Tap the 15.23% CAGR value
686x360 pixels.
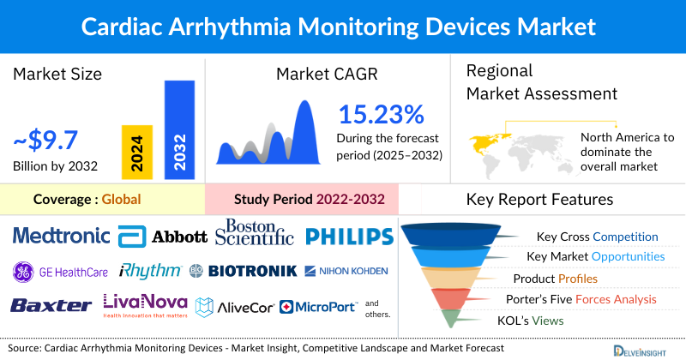click(x=381, y=115)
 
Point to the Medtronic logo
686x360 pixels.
click(x=62, y=235)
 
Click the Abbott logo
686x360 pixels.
click(x=163, y=236)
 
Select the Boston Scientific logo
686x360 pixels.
click(x=255, y=233)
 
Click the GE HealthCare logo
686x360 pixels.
click(x=60, y=272)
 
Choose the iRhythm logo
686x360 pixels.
click(x=150, y=271)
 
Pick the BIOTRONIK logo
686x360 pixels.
click(x=244, y=271)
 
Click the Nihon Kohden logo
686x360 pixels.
click(x=346, y=271)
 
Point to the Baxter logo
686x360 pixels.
click(x=51, y=305)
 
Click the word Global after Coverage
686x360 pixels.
click(x=121, y=200)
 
